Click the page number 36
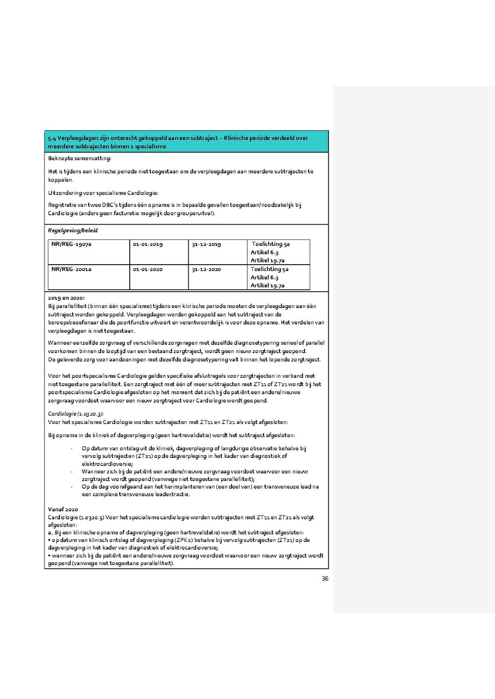[325, 578]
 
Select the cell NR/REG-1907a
[71, 244]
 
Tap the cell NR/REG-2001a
[71, 269]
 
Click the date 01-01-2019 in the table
[147, 244]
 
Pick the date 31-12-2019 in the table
[206, 244]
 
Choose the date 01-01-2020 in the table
[147, 269]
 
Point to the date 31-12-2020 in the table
[206, 269]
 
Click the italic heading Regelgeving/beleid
[69, 231]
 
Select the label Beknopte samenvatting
[79, 158]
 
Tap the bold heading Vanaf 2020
[63, 510]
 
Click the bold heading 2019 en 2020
[66, 298]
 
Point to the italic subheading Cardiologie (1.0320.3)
[76, 413]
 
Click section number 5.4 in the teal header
[52, 138]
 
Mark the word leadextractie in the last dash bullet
[172, 494]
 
